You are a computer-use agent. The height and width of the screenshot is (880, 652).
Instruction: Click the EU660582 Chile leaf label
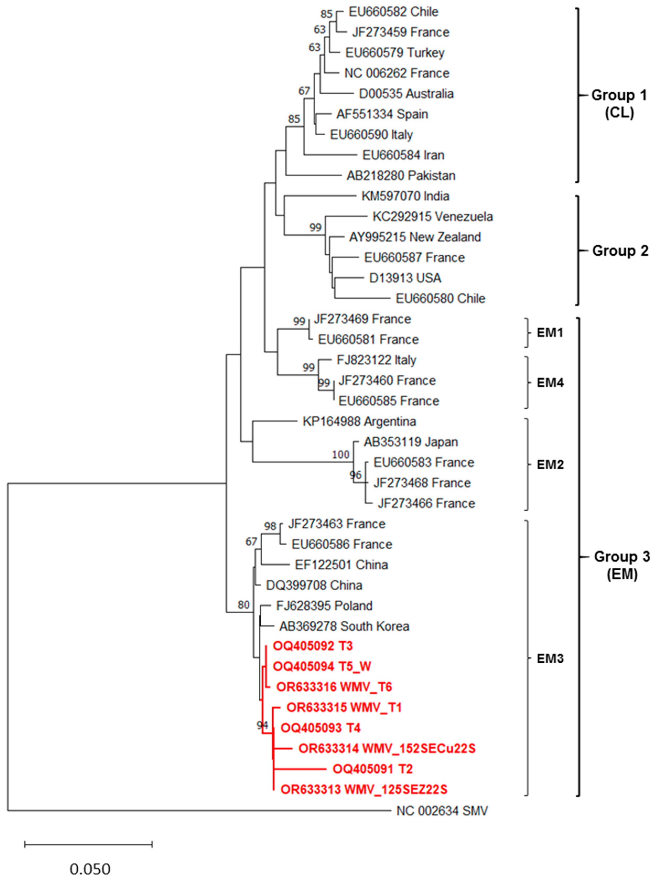393,12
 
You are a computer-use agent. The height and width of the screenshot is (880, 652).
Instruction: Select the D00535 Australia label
406,94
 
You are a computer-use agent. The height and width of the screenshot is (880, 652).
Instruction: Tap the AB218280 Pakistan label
401,176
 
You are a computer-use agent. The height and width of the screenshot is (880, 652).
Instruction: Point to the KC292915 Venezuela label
433,217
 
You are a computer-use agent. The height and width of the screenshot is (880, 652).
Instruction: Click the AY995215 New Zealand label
415,237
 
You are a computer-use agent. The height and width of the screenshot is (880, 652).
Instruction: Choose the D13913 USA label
405,278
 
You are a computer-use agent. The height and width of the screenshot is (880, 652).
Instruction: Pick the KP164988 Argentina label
359,422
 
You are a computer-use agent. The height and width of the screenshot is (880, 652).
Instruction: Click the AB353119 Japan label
410,442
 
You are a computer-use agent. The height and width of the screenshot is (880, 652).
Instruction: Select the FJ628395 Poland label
324,606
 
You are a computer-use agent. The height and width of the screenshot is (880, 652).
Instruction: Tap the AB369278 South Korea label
344,626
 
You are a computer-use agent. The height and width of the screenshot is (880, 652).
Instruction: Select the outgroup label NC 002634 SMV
442,811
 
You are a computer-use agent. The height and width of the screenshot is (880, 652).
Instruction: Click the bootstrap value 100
341,455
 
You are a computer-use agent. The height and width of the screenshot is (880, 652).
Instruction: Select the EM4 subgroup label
550,383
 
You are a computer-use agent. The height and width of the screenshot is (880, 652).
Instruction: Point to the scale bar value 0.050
90,869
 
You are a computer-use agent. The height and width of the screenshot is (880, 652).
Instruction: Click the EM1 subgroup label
550,333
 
